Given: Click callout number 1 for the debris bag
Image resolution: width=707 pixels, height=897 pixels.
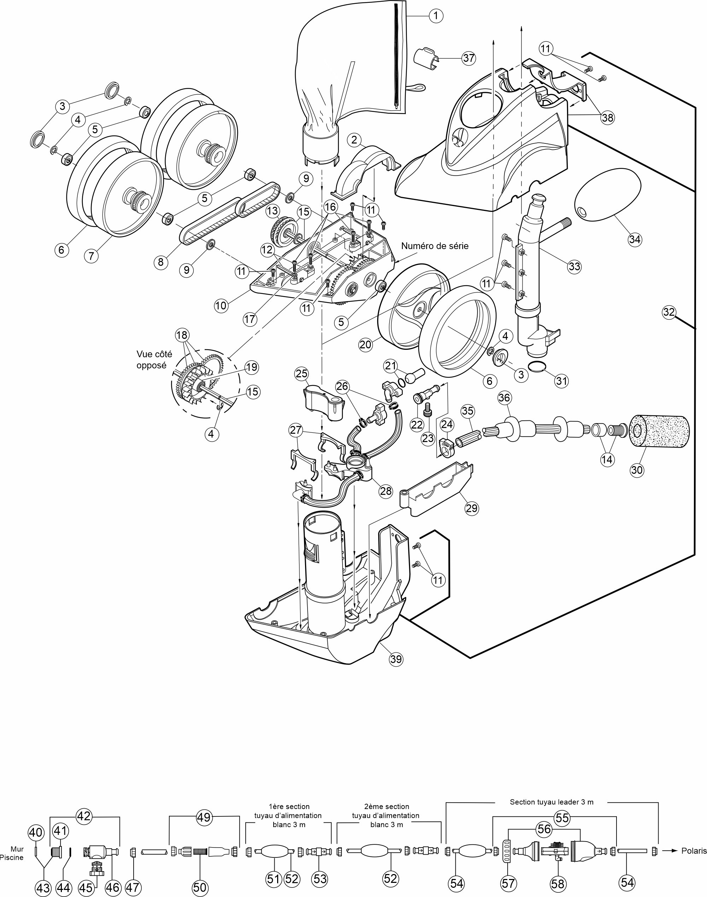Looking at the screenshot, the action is tap(436, 16).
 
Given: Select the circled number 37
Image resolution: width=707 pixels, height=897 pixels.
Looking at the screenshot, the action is tap(469, 58).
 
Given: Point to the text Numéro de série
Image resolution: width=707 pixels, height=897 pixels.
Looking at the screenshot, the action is tap(435, 246).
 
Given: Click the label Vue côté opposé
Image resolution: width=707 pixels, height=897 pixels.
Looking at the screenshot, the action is tap(154, 360).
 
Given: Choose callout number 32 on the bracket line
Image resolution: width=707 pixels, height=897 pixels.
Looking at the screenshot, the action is tap(669, 312).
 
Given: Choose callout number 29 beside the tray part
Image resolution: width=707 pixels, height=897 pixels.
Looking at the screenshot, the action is tap(472, 508).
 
